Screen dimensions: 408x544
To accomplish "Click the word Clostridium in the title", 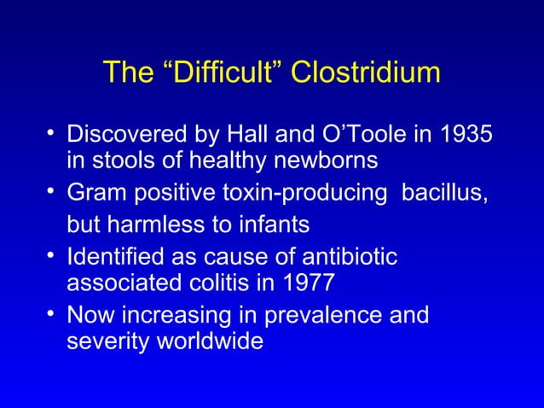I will (366, 74).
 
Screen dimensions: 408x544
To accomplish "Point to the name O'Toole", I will (337, 136).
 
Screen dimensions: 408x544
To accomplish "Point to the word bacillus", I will (446, 195).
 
